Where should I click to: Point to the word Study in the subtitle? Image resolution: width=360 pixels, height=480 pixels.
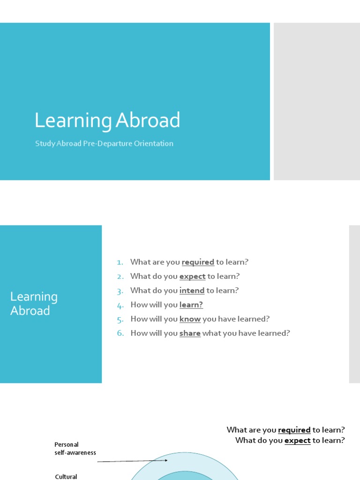[x=45, y=143]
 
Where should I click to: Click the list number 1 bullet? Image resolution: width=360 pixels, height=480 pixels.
[x=120, y=262]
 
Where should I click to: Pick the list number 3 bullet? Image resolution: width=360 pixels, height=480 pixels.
[x=120, y=291]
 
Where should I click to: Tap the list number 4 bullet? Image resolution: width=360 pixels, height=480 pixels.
[x=120, y=306]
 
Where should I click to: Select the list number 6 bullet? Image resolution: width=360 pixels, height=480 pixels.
[x=120, y=334]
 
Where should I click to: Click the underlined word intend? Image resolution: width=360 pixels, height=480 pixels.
[x=192, y=291]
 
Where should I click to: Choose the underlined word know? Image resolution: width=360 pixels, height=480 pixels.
[x=190, y=319]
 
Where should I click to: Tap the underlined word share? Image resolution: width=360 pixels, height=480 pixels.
[x=190, y=333]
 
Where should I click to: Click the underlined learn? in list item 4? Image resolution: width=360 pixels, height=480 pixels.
[x=191, y=305]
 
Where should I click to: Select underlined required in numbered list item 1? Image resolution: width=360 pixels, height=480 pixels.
[x=198, y=262]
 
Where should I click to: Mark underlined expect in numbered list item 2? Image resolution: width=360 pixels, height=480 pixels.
[x=192, y=277]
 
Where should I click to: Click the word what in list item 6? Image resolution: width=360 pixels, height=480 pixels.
[x=211, y=333]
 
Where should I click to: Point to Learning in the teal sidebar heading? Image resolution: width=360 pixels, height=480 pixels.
[x=34, y=297]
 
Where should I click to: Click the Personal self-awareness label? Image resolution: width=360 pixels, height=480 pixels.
[x=75, y=449]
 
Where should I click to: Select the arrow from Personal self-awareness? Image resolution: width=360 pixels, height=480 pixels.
[x=133, y=461]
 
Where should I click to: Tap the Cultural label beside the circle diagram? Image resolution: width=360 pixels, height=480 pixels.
[x=66, y=477]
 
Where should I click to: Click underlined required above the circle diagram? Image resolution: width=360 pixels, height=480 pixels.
[x=294, y=430]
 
